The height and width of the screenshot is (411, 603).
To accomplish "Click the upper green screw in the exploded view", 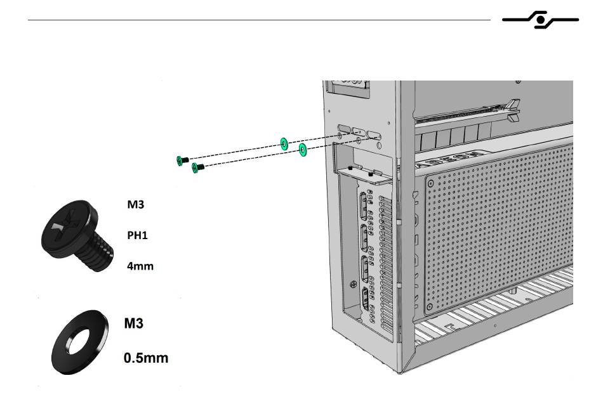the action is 182,160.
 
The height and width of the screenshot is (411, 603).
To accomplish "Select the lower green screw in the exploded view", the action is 197,167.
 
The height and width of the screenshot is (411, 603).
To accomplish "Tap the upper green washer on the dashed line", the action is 284,143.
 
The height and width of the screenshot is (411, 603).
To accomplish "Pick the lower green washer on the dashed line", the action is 303,150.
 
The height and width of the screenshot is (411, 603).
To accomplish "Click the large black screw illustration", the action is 77,234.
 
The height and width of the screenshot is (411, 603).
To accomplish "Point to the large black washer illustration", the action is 80,342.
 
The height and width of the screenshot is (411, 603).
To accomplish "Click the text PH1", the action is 137,235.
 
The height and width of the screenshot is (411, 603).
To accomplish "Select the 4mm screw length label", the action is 140,266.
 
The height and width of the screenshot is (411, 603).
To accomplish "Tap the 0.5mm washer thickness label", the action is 146,358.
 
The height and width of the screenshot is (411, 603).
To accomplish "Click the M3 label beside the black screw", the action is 135,204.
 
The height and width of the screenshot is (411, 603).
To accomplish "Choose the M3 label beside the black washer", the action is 133,323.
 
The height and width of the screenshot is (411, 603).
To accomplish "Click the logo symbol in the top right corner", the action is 540,20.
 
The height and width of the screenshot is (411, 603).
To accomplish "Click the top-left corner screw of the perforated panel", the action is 431,183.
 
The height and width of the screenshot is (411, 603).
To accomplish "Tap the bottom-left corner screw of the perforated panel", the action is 430,306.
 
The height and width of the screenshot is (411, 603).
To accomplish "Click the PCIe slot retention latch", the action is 513,110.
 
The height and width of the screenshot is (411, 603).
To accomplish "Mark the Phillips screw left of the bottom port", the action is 354,284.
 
